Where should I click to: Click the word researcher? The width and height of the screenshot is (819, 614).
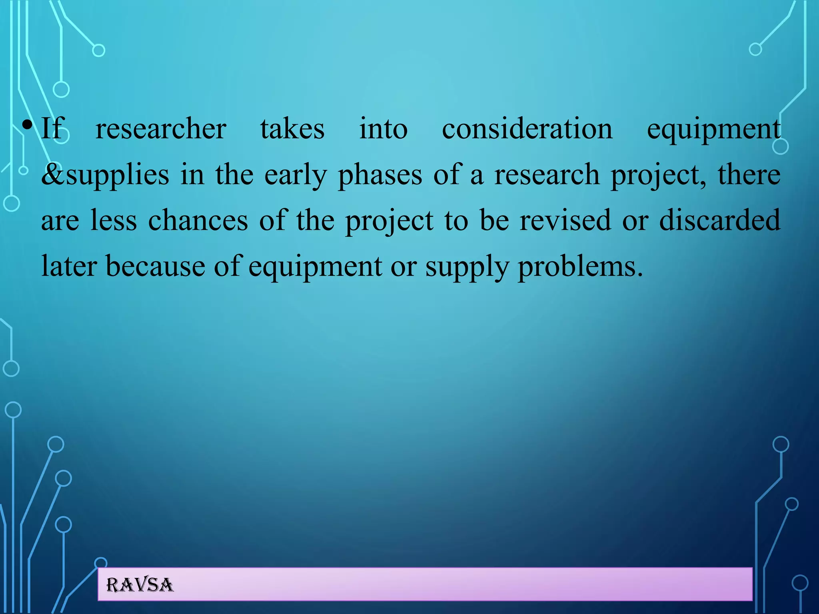(x=161, y=129)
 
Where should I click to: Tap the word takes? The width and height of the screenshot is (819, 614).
(x=292, y=129)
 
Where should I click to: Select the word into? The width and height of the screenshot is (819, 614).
(x=383, y=129)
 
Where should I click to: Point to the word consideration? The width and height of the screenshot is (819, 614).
(x=527, y=129)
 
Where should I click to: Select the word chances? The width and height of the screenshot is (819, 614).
(x=198, y=221)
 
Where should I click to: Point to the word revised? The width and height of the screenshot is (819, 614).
(x=565, y=221)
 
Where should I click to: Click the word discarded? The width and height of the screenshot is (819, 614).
(x=719, y=221)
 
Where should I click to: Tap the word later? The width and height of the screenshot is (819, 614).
(x=69, y=267)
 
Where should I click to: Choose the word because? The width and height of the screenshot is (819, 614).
(x=155, y=267)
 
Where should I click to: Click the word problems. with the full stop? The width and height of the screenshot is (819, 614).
(x=580, y=267)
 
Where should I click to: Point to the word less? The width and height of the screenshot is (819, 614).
(x=114, y=221)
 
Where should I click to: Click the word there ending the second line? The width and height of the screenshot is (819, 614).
(x=749, y=175)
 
